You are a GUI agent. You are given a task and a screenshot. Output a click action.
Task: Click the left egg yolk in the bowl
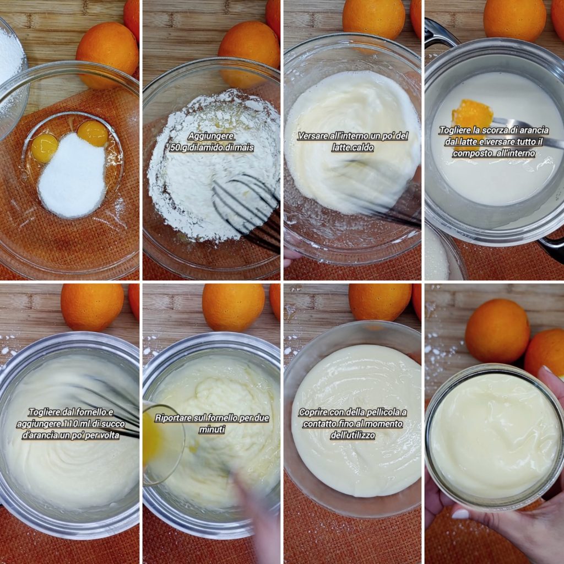click(x=45, y=148)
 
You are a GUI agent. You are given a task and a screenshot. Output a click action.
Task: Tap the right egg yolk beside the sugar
click(x=93, y=133)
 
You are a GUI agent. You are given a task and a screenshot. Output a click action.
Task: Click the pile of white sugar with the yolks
click(x=72, y=176)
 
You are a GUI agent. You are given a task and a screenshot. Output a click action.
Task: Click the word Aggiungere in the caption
click(x=211, y=136)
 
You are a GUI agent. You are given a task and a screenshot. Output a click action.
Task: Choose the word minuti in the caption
click(x=212, y=430)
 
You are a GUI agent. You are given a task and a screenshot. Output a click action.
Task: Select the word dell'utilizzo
click(x=352, y=435)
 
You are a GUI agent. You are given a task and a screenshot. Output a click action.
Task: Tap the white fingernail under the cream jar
click(x=460, y=514)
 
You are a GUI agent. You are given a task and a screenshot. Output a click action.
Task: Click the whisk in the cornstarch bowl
click(x=248, y=212)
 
